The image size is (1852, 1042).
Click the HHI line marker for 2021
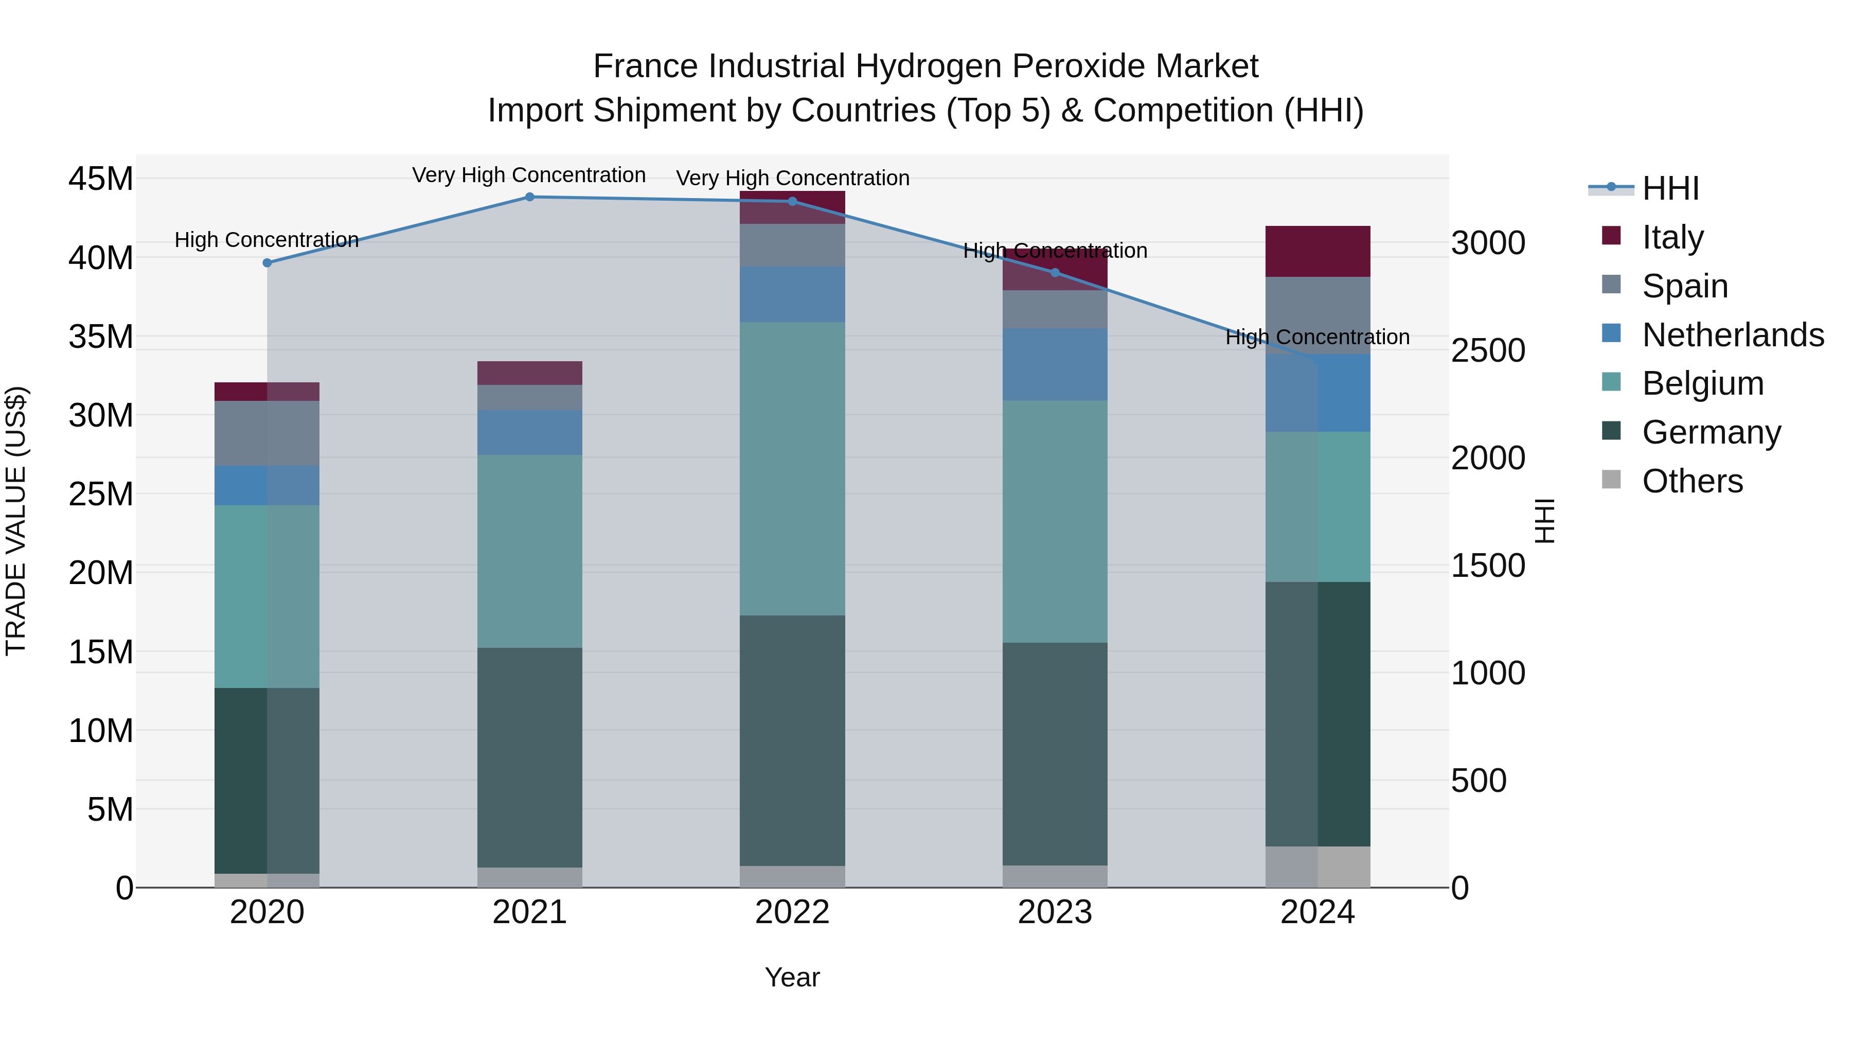pyautogui.click(x=530, y=197)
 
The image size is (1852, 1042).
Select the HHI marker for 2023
pyautogui.click(x=1055, y=273)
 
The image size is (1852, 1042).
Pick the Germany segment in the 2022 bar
pyautogui.click(x=792, y=740)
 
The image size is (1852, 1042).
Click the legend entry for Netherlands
pyautogui.click(x=1733, y=335)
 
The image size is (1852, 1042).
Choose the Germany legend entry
pyautogui.click(x=1711, y=432)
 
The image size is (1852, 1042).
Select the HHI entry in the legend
pyautogui.click(x=1670, y=188)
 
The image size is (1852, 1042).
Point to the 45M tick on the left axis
pyautogui.click(x=101, y=179)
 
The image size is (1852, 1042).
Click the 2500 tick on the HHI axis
pyautogui.click(x=1487, y=351)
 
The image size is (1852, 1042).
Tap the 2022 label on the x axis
pyautogui.click(x=792, y=912)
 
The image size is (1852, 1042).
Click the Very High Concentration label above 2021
pyautogui.click(x=529, y=175)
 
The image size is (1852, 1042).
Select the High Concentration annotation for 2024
pyautogui.click(x=1317, y=337)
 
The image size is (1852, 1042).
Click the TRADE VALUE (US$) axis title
pyautogui.click(x=16, y=521)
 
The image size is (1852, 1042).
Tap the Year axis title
pyautogui.click(x=792, y=977)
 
